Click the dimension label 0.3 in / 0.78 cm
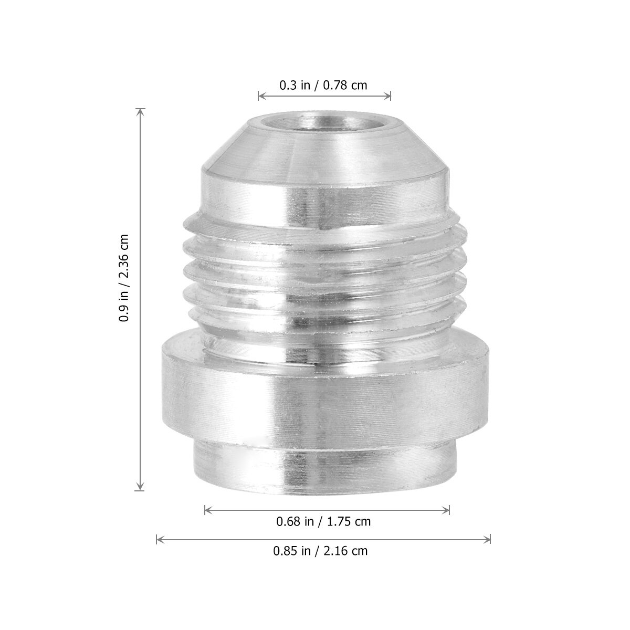tap(323, 86)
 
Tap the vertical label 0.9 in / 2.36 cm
tap(124, 278)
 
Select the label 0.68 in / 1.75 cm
tap(323, 521)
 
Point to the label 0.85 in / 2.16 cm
tap(320, 551)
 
